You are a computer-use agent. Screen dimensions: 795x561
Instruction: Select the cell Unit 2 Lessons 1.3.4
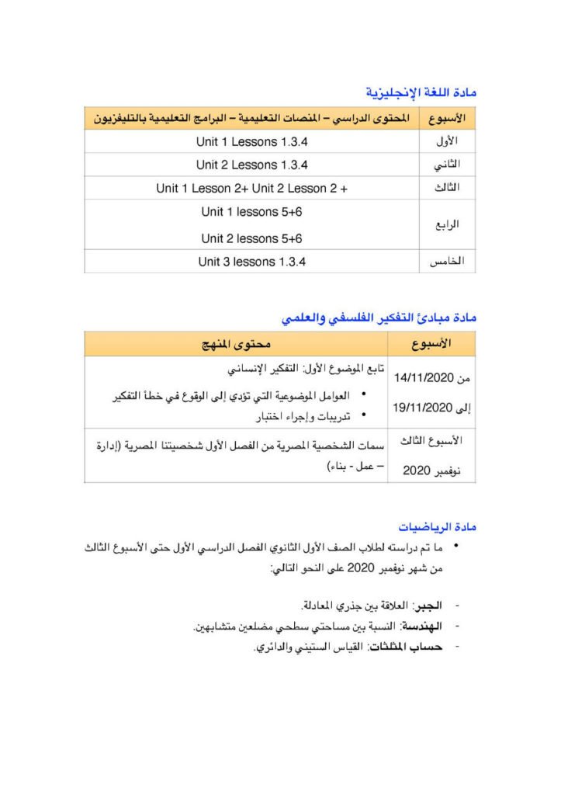252,165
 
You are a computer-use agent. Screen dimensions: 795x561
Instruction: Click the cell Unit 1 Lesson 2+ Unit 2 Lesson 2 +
252,188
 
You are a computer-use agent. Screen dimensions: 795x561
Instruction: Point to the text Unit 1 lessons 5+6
252,212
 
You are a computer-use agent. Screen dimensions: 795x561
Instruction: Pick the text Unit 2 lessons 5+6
252,238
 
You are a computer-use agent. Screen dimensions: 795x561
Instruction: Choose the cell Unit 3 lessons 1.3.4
252,262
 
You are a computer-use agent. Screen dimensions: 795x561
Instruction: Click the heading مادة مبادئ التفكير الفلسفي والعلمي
379,318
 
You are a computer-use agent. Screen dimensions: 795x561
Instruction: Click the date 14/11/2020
423,378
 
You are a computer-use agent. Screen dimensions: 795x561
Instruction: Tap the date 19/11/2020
423,407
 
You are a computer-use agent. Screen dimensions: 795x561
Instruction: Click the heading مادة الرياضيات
438,526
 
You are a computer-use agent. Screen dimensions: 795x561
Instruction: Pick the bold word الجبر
428,605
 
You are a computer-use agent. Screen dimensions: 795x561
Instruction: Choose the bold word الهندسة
424,625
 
